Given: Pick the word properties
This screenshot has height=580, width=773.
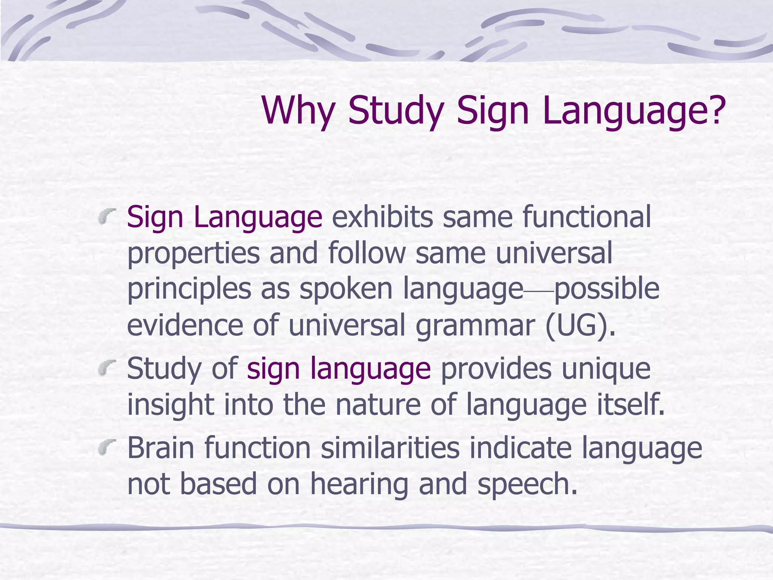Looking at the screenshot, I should pyautogui.click(x=193, y=254).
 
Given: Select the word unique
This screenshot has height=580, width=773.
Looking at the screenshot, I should pyautogui.click(x=606, y=369).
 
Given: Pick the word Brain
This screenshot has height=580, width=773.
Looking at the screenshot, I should pyautogui.click(x=161, y=447).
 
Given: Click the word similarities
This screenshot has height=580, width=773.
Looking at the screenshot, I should pyautogui.click(x=390, y=447).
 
